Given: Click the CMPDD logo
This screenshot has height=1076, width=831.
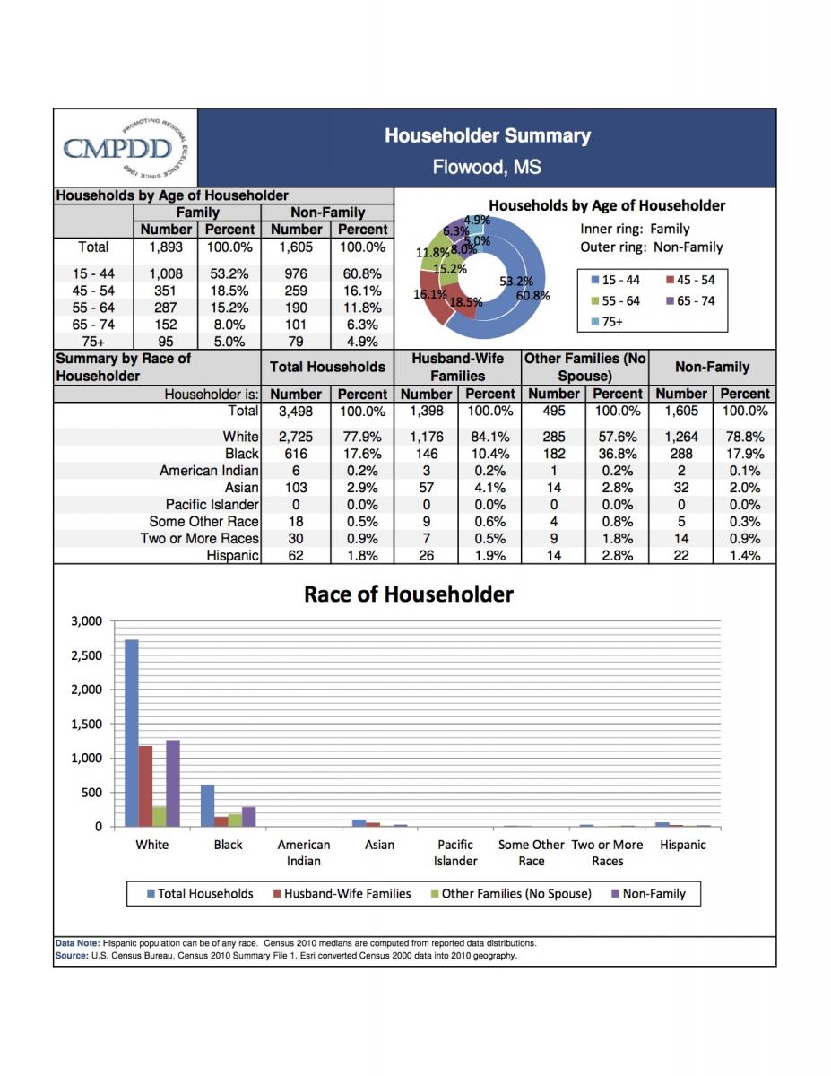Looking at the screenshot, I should click(x=125, y=147).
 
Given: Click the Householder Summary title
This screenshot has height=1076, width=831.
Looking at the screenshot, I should click(x=487, y=136).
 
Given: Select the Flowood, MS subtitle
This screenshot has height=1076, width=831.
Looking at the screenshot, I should click(x=487, y=167).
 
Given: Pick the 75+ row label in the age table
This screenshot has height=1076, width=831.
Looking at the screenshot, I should click(x=93, y=342).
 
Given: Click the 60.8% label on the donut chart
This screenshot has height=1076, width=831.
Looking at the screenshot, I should click(x=532, y=295).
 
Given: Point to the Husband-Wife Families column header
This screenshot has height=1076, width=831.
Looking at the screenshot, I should click(x=457, y=367).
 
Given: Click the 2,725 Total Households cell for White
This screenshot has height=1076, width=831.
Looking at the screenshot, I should click(x=296, y=438).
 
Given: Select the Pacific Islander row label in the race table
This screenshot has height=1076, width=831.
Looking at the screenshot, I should click(x=212, y=505).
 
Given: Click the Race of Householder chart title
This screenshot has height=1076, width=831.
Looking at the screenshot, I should click(x=409, y=594).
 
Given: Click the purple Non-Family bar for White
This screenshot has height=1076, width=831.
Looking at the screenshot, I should click(x=173, y=783).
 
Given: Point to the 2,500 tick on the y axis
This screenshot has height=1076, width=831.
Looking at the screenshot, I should click(x=87, y=655).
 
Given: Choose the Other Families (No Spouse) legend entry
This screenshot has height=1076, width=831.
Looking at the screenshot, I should click(x=510, y=894).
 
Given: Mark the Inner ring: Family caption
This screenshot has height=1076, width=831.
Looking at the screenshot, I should click(x=635, y=229).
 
